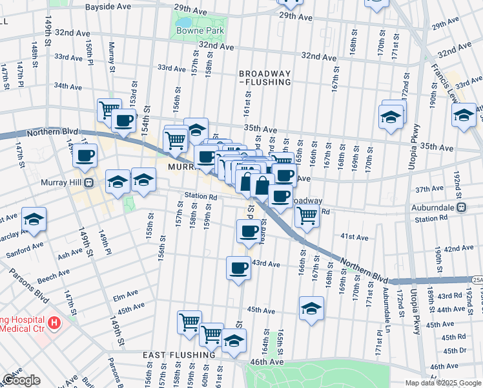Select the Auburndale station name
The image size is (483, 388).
[x=435, y=208]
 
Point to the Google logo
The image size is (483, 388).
[x=21, y=380]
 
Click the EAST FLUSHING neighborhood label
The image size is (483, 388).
[x=179, y=355]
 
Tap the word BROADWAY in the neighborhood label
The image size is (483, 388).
[x=265, y=73]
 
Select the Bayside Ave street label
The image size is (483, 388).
[x=109, y=6]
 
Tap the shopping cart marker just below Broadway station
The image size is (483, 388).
[x=307, y=216]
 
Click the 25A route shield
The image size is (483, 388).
[x=477, y=279]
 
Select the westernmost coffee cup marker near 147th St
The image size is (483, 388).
[x=85, y=156]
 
